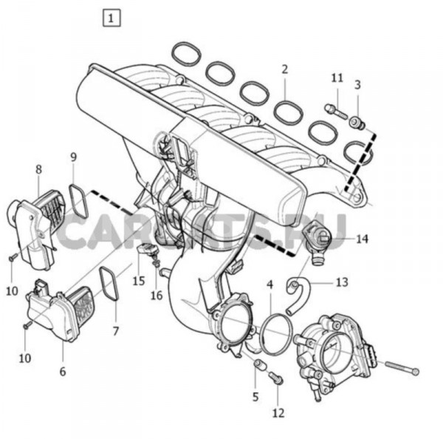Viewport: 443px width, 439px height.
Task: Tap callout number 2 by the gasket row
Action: tap(284, 70)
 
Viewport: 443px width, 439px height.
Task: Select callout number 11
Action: tap(337, 78)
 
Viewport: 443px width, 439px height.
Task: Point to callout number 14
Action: tap(362, 239)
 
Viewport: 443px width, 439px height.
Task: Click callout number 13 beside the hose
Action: tap(340, 282)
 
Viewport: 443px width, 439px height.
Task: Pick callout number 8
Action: tap(38, 170)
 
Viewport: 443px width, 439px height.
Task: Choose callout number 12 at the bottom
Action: tap(278, 413)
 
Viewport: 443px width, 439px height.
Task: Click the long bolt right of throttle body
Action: tap(399, 367)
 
